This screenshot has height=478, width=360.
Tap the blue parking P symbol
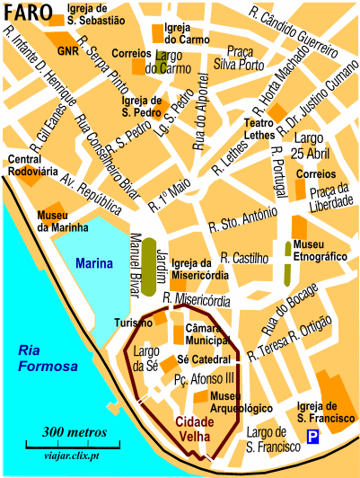point(312,437)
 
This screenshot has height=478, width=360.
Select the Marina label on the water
point(93,264)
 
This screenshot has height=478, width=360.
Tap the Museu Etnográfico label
point(320,251)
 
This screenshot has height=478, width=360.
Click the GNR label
point(68,51)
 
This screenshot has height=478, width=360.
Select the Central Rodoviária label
point(31,166)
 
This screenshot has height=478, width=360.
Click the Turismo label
point(130,323)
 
